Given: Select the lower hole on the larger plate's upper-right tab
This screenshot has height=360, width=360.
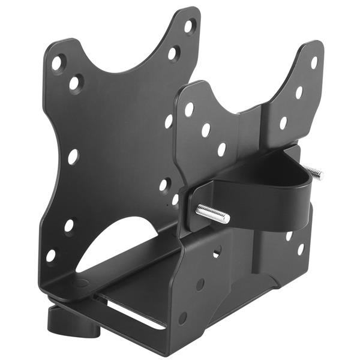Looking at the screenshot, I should click(173, 53).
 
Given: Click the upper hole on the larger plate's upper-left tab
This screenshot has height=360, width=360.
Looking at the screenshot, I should click(58, 62).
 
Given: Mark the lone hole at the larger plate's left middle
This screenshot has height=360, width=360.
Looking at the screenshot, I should click(73, 156).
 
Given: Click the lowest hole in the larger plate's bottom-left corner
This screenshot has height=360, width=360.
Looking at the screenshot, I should click(51, 255).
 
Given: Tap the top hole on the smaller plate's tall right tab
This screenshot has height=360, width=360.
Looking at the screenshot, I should click(314, 62).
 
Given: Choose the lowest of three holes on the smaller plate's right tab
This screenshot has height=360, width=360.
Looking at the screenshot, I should click(283, 123).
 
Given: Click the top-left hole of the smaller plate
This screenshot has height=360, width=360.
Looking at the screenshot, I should click(189, 109).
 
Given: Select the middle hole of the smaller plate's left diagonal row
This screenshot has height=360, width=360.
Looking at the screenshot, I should click(206, 130).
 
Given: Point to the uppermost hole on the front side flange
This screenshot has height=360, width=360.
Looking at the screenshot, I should click(217, 252).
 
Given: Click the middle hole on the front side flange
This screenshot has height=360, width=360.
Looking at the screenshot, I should click(200, 284).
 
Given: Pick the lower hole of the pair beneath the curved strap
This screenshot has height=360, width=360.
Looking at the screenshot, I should click(300, 248).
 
